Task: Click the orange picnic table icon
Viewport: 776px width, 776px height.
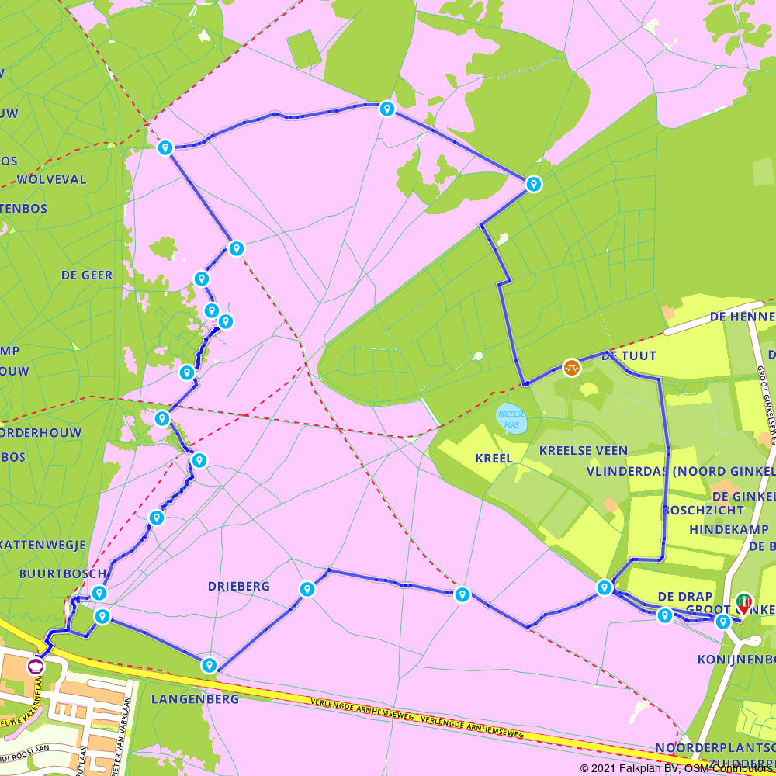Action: [572, 366]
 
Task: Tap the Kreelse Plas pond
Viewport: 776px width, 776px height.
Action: [511, 419]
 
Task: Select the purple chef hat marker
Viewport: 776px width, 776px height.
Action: [36, 665]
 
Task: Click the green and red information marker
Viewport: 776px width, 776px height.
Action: [743, 602]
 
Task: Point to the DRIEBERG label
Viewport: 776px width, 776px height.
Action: [239, 587]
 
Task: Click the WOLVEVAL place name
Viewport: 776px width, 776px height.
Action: [51, 179]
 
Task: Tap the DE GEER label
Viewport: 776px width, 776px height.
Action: [87, 275]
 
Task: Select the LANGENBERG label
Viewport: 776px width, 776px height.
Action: [195, 698]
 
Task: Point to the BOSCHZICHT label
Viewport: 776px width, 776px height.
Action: [703, 511]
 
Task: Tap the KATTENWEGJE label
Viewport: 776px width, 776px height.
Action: [43, 545]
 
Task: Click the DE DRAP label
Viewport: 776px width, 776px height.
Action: [685, 596]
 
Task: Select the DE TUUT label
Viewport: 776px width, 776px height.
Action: [629, 355]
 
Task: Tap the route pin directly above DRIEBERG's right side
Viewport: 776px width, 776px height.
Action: [307, 589]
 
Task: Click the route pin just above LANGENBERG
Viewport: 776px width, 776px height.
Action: [209, 664]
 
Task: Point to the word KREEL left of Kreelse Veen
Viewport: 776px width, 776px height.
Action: [494, 458]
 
